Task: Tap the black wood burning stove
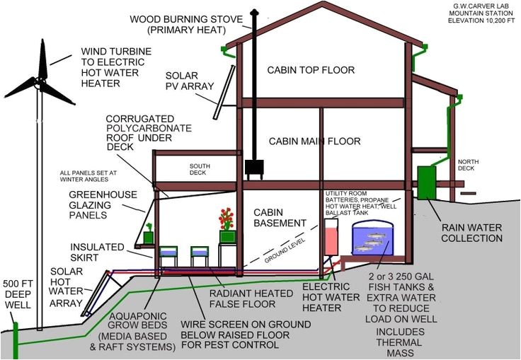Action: point(254,167)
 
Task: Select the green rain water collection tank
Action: point(427,182)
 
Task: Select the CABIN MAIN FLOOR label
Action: point(314,141)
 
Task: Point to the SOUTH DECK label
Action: point(200,170)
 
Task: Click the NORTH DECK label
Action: point(468,164)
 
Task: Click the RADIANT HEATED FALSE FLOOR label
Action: point(241,298)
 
